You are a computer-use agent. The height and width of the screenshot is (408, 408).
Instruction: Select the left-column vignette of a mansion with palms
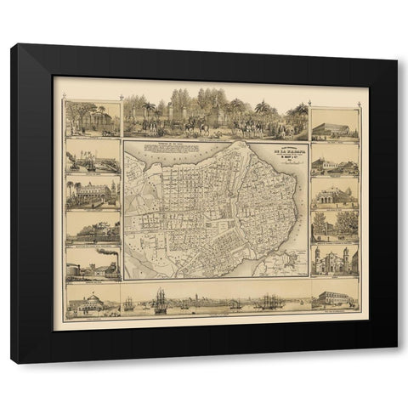[x=93, y=194]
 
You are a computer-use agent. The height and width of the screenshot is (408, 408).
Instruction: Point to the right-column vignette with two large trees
[x=335, y=224]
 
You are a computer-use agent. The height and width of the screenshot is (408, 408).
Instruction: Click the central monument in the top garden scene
[x=212, y=115]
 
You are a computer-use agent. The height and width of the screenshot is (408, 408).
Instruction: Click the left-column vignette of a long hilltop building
[x=93, y=228]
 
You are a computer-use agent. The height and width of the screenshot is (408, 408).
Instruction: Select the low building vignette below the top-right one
[x=335, y=164]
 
